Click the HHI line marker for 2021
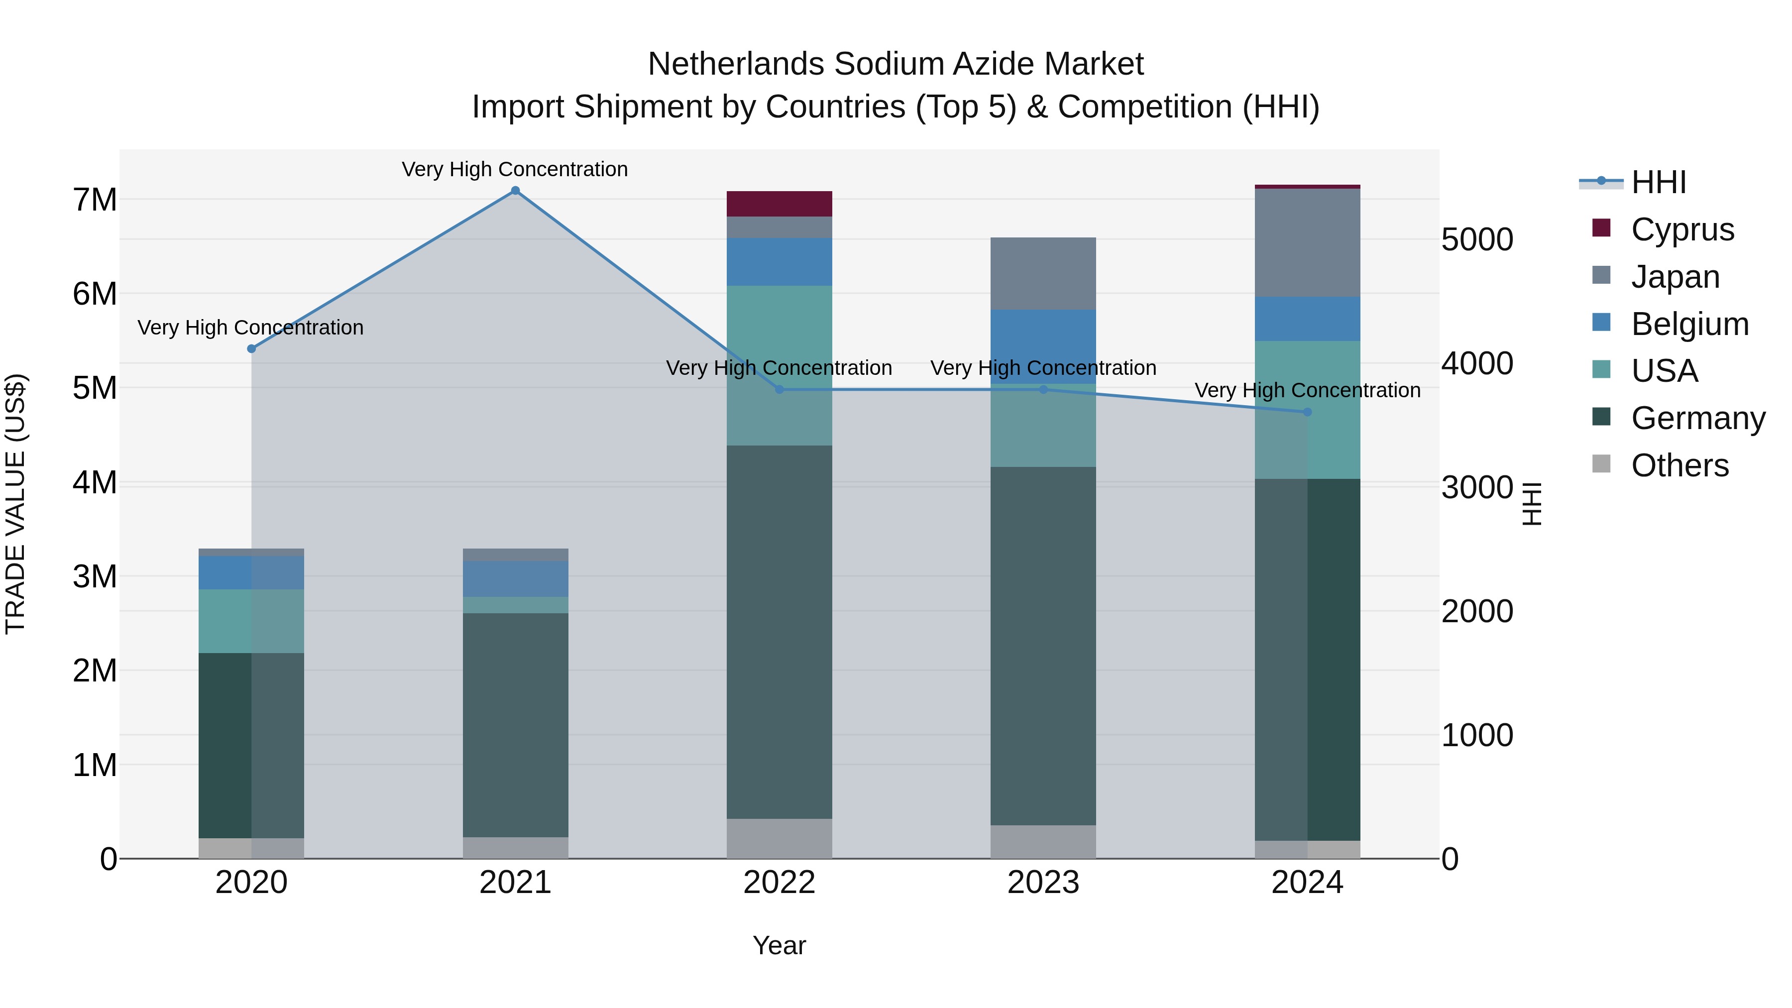pos(516,191)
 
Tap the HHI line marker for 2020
pos(252,348)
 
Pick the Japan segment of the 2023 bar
pos(1043,273)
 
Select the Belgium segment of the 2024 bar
pos(1307,319)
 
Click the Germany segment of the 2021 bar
pos(516,725)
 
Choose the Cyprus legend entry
pos(1681,229)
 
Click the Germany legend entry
pos(1697,418)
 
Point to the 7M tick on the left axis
pos(95,200)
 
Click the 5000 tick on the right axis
pos(1477,239)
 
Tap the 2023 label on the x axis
pos(1043,883)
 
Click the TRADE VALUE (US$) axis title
pos(15,504)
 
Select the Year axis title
pos(779,945)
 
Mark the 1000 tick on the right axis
pos(1477,735)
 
